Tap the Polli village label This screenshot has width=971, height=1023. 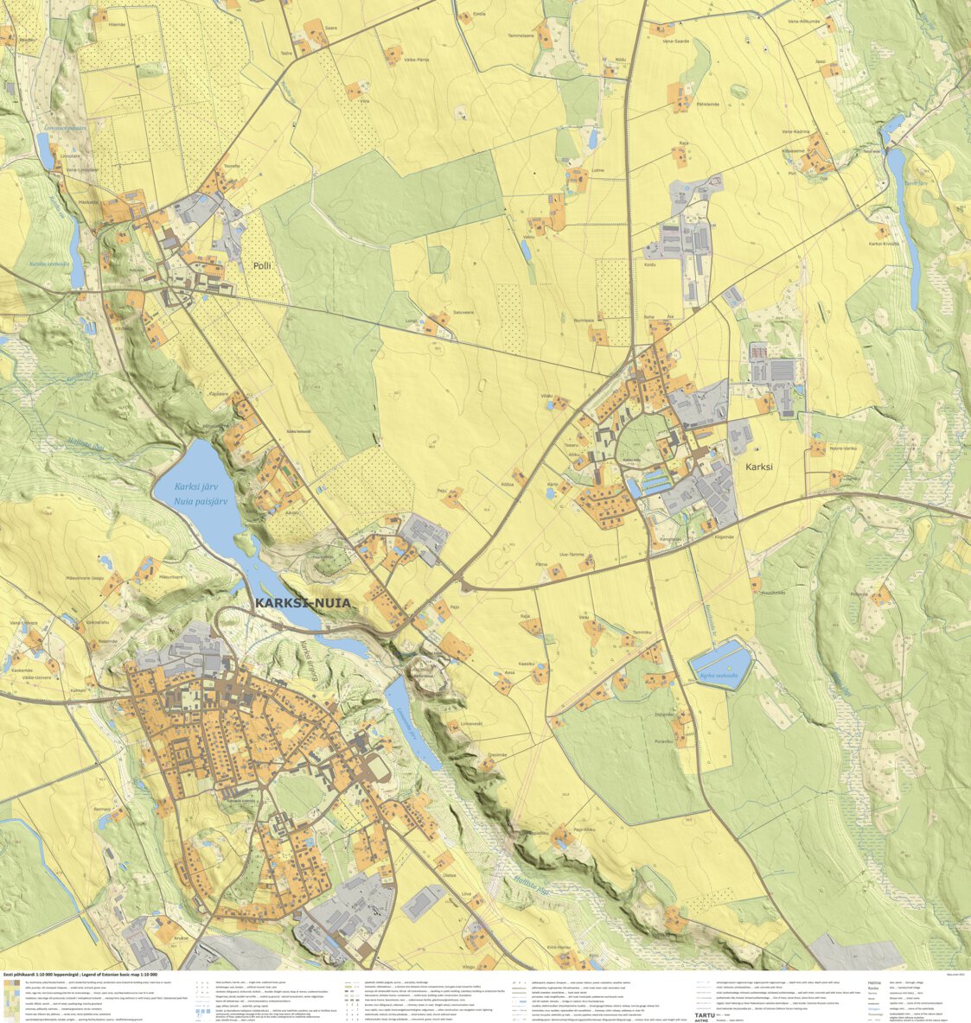coord(261,266)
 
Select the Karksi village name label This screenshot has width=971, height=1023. coord(757,467)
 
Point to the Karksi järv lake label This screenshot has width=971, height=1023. coord(195,486)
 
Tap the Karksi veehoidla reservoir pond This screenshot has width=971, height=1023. coord(721,663)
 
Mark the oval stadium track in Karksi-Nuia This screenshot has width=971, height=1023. coord(378,766)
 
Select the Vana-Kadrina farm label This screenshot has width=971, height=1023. coord(795,131)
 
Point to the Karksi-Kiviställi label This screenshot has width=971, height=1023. coord(884,244)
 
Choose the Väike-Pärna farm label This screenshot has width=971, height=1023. coord(417,60)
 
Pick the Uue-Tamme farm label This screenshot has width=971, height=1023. coord(573,554)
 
